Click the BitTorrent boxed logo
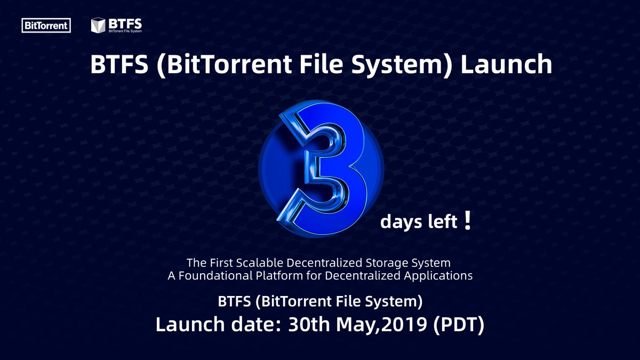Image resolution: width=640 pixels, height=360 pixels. pyautogui.click(x=46, y=26)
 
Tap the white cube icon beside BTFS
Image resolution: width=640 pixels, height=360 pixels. pyautogui.click(x=98, y=25)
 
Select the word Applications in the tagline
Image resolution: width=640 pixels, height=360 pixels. pyautogui.click(x=438, y=276)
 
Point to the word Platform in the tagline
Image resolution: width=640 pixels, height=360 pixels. pyautogui.click(x=279, y=276)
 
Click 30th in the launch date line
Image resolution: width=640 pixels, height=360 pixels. pyautogui.click(x=309, y=324)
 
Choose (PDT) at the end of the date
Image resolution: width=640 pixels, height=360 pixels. pyautogui.click(x=459, y=325)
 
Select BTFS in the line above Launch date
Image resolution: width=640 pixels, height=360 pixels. pyautogui.click(x=234, y=301)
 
